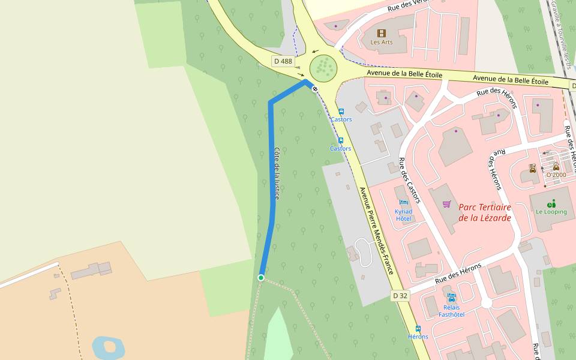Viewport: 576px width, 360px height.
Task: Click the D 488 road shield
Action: [283, 61]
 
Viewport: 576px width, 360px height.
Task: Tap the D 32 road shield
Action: [400, 295]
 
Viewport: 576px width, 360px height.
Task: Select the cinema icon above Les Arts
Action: [381, 33]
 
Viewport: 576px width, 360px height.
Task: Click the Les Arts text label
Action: [381, 42]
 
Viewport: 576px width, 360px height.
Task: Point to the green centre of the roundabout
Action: [323, 67]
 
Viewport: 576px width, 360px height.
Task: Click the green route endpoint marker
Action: [260, 278]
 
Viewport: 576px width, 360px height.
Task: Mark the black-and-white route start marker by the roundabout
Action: [314, 88]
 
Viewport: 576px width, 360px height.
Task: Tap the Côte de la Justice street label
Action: [277, 173]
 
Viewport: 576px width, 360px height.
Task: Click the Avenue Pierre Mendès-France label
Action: [376, 231]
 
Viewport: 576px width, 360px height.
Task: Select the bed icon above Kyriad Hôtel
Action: [403, 203]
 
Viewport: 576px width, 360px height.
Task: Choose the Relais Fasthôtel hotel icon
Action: [451, 298]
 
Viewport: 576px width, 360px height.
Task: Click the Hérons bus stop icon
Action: [418, 329]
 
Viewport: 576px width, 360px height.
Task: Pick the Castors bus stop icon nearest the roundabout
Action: [341, 111]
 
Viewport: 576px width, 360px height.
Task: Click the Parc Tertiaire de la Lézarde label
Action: [485, 212]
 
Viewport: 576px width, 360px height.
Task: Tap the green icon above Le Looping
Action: [551, 203]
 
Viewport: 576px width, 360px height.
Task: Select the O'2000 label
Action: [556, 175]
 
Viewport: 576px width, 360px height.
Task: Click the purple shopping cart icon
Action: [446, 204]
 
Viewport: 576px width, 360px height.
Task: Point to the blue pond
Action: [108, 347]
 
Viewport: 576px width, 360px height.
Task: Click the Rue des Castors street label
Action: [410, 181]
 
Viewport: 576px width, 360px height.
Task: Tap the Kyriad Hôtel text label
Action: [403, 215]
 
